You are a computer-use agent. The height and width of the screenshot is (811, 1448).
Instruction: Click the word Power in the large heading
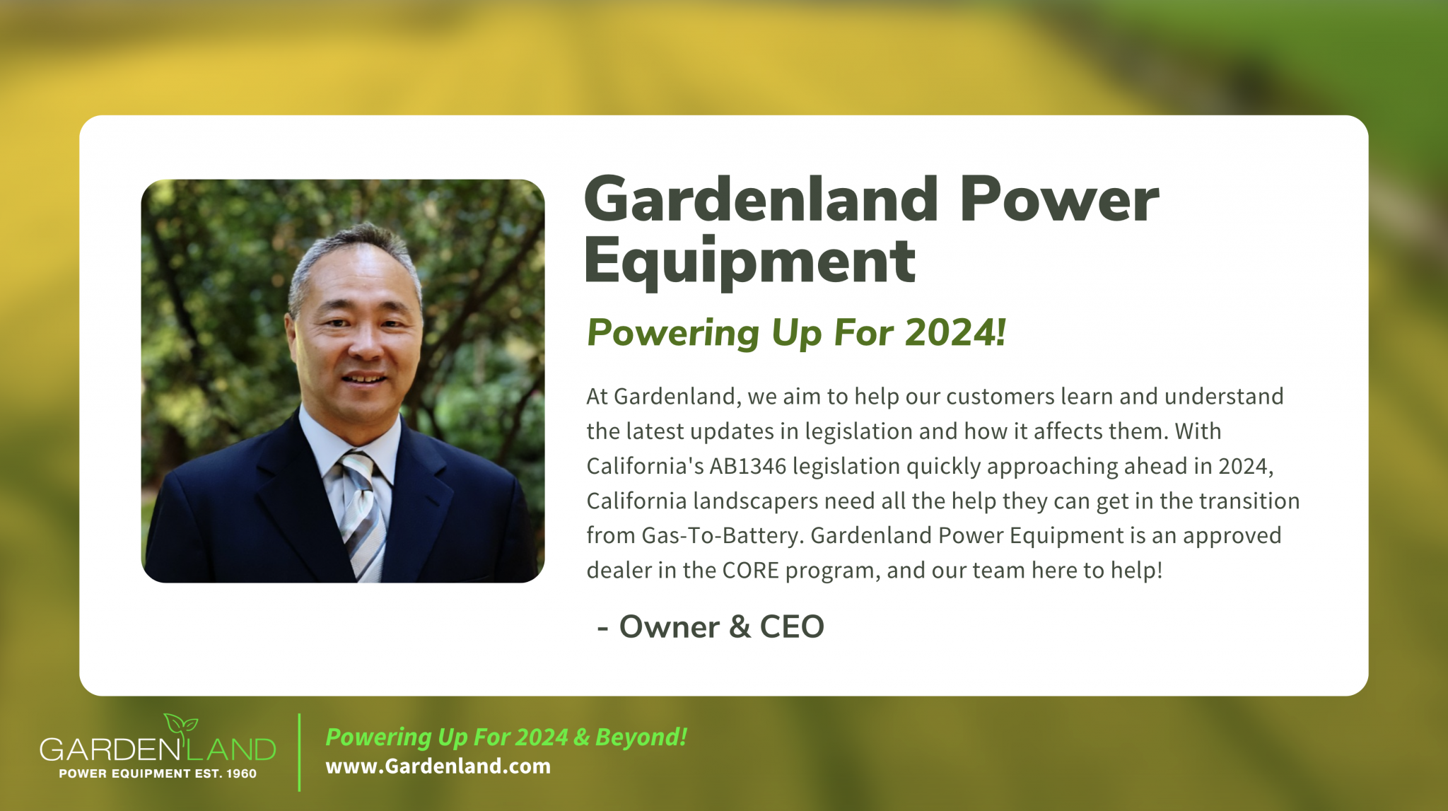1058,201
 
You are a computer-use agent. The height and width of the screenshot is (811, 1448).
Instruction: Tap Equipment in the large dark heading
749,262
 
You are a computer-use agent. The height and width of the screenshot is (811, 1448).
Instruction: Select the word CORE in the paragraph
750,571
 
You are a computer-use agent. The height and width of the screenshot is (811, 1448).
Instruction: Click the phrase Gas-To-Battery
721,536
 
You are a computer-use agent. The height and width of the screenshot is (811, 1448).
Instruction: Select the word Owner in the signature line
670,627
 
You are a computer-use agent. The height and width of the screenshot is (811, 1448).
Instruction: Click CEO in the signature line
792,627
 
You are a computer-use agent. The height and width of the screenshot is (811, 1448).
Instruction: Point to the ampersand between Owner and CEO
740,627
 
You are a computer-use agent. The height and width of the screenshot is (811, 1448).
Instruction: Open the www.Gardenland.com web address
438,766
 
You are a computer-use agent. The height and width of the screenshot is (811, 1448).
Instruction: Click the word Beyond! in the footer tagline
641,737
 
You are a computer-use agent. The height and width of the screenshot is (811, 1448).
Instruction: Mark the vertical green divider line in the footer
300,752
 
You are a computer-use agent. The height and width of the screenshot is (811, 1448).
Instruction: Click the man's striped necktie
362,509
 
